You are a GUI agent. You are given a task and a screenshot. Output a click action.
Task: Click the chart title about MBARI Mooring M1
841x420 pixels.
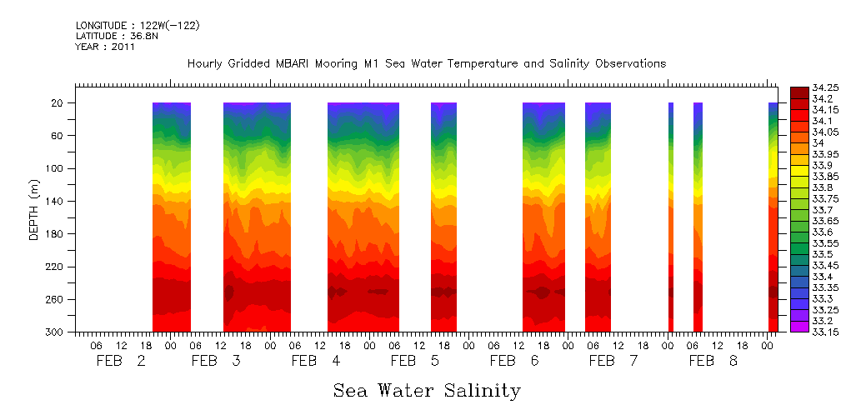click(427, 63)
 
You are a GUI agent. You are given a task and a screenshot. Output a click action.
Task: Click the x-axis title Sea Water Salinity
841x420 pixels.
click(427, 390)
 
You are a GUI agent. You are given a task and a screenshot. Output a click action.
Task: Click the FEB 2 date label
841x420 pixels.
click(122, 361)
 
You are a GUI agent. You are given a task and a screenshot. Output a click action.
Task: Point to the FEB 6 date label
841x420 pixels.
click(515, 361)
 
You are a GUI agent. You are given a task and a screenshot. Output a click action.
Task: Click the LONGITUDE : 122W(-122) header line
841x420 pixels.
click(138, 26)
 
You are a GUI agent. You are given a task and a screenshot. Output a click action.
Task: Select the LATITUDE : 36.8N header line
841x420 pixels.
click(116, 36)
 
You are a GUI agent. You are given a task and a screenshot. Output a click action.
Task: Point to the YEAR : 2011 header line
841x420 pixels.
click(105, 47)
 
